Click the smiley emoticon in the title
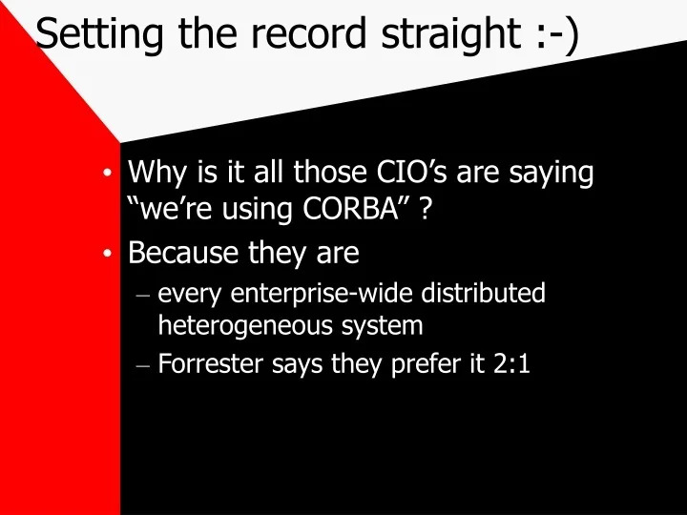557,34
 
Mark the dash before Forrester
143,364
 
